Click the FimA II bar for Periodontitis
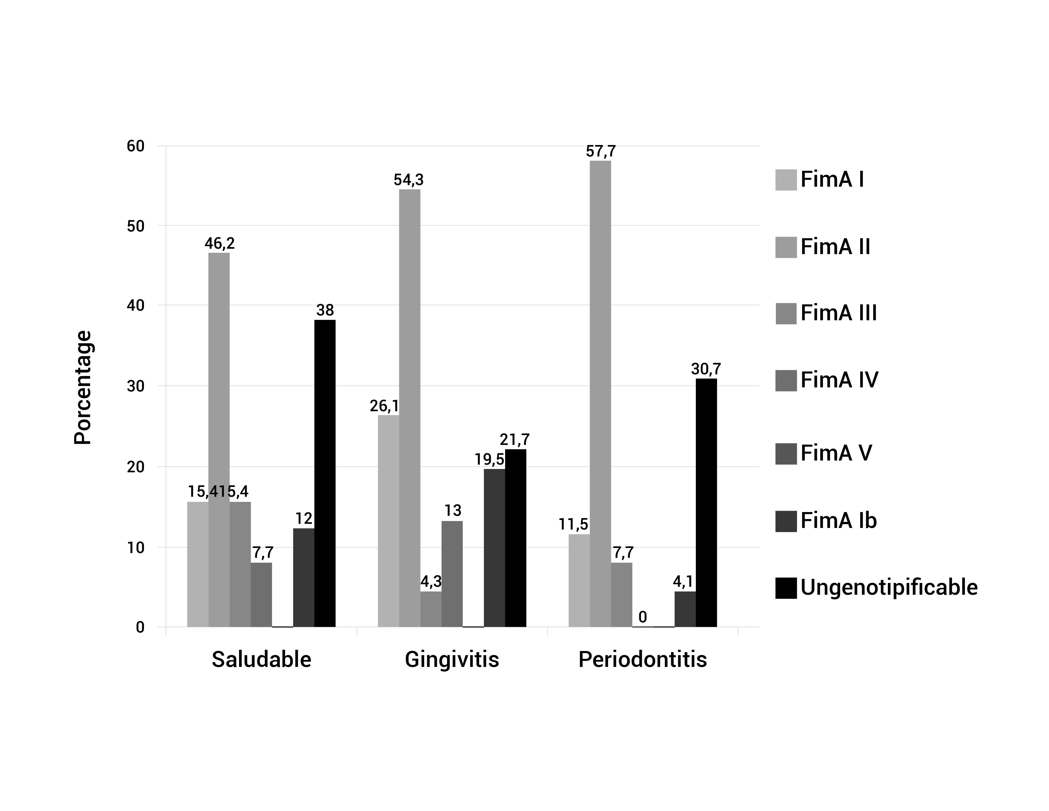pos(600,394)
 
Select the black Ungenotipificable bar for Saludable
pos(325,473)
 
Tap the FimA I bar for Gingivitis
pos(388,521)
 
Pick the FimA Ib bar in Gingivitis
pos(494,548)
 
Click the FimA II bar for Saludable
pos(219,440)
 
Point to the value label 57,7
pos(600,152)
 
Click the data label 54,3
pos(409,180)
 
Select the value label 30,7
pos(706,369)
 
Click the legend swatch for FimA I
pos(786,180)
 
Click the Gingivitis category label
pos(452,660)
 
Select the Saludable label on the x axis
pos(261,660)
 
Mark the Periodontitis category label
pos(643,660)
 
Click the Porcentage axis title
pos(83,387)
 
